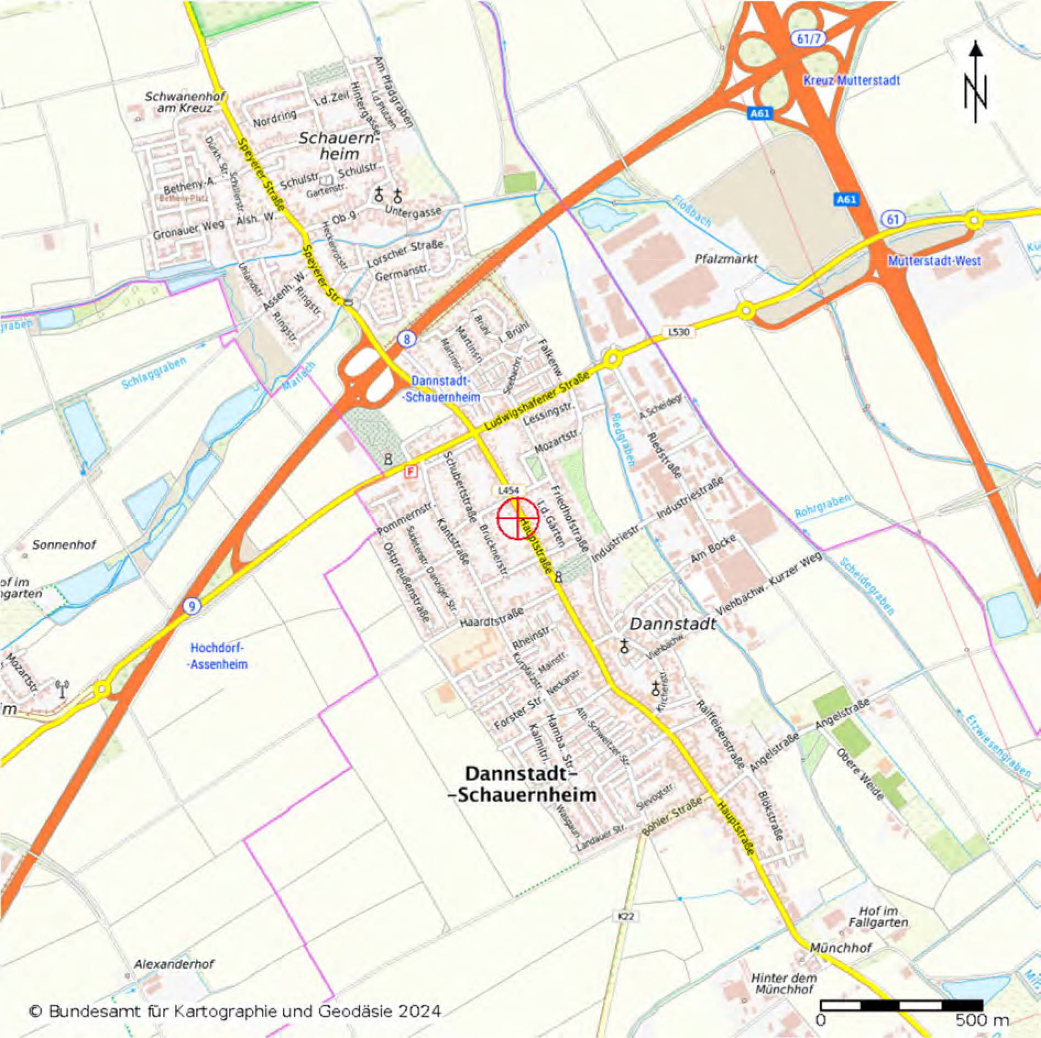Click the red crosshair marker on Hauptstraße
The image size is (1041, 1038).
coord(518,518)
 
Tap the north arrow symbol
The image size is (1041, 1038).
coord(976,83)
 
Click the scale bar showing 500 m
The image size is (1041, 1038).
coord(901,1006)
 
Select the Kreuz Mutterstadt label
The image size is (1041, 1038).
coord(851,80)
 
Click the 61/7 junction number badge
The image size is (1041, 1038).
coord(808,39)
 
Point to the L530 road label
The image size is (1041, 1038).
coord(678,332)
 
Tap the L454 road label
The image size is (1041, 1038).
coord(508,490)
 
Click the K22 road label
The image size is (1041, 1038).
coord(626,916)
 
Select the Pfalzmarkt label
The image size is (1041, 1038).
coord(726,259)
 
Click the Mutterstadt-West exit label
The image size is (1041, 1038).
coord(934,261)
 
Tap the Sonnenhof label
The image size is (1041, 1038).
coord(64,545)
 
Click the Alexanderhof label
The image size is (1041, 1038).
coord(174,964)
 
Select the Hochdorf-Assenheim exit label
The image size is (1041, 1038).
coord(217,656)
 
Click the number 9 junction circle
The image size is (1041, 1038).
coord(191,607)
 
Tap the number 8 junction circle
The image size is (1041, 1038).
coord(407,339)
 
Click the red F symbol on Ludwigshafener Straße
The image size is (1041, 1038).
coord(411,472)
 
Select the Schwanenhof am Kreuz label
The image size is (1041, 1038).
coord(184,102)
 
